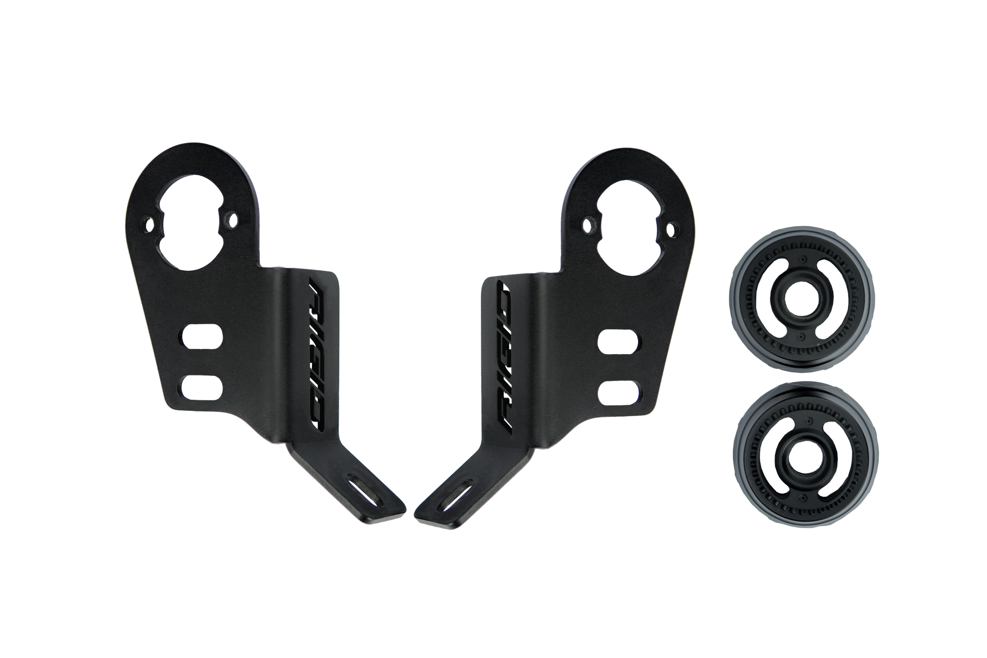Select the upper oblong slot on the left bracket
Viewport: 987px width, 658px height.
(202, 338)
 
